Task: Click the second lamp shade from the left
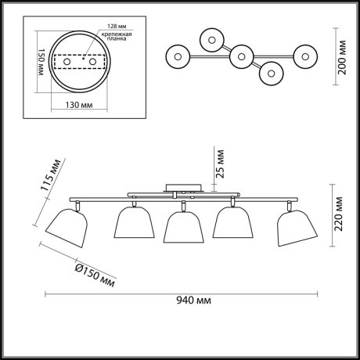coord(132,225)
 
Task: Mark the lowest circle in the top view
coord(271,73)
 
